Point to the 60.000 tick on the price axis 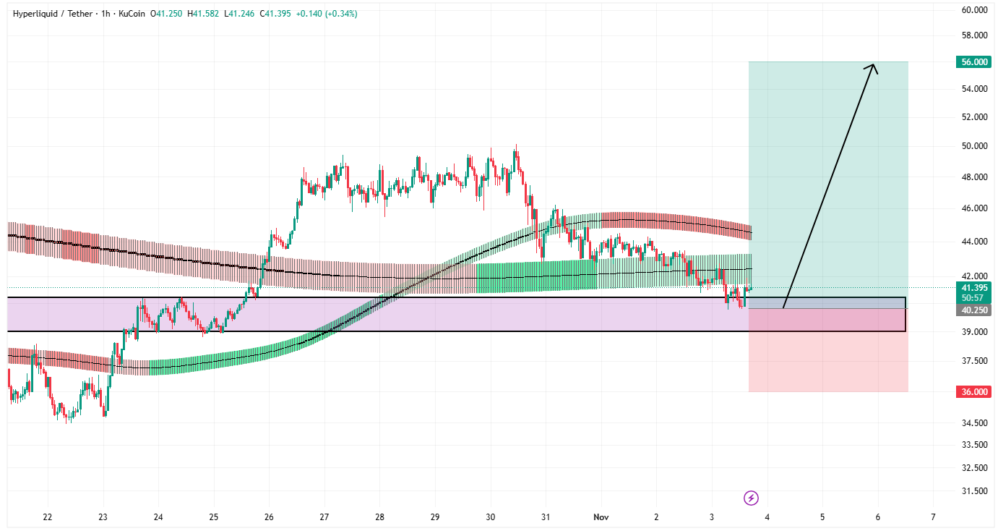(974, 10)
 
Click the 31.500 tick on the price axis (974, 491)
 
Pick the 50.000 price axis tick (974, 146)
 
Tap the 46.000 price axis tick (974, 208)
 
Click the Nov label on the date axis (601, 517)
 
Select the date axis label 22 (48, 517)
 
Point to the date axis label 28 (380, 517)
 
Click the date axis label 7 (933, 517)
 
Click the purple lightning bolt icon (752, 498)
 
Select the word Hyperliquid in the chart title (37, 14)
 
